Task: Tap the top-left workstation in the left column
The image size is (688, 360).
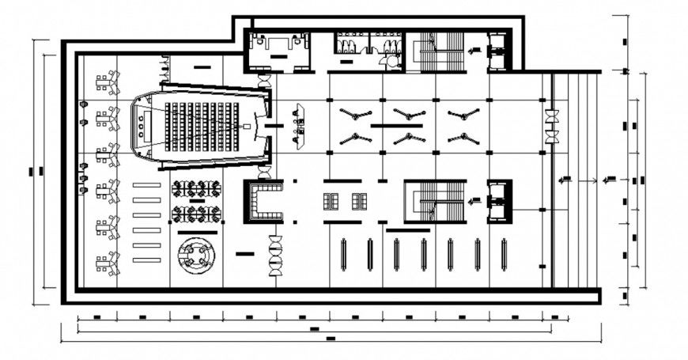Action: click(x=107, y=80)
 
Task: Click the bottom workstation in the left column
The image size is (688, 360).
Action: click(x=107, y=262)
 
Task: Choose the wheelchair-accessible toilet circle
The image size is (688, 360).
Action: click(x=390, y=59)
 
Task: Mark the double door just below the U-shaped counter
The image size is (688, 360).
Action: click(x=275, y=255)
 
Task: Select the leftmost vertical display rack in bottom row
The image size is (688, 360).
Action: click(x=342, y=255)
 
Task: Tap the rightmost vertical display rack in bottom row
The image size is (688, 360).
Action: click(x=504, y=255)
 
